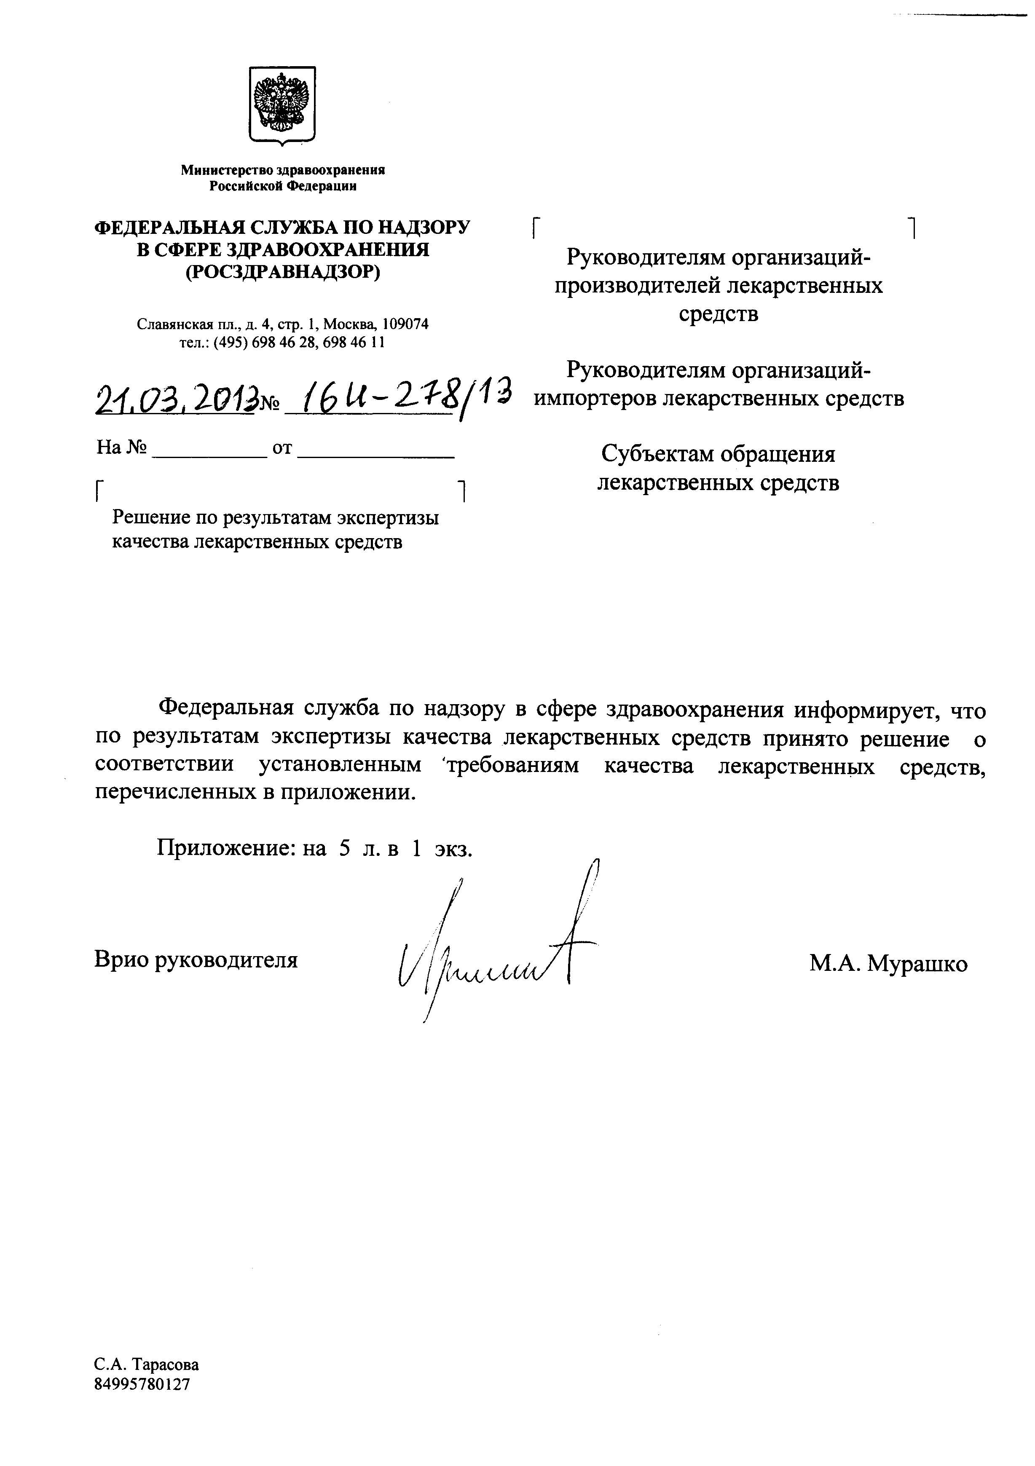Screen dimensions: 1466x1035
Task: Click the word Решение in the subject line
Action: (x=151, y=517)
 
